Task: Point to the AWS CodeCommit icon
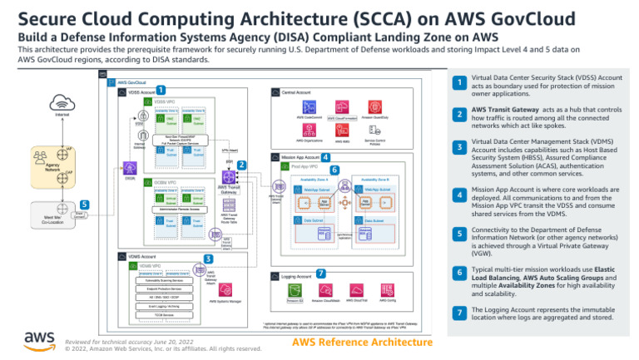pos(309,106)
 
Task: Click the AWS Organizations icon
pos(309,131)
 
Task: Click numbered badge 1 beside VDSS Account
pos(160,90)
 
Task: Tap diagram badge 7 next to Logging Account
pos(321,273)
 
